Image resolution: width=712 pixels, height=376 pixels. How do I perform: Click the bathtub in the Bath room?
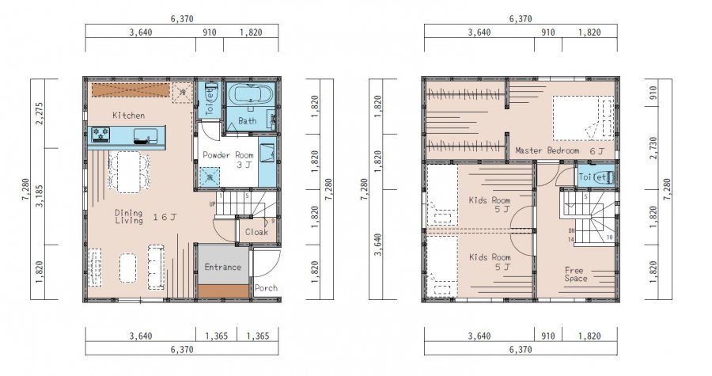249,95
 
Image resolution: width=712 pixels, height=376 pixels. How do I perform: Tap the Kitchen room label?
128,116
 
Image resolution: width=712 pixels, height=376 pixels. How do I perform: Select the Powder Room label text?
228,155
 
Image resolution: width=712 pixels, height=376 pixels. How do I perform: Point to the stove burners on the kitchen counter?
100,135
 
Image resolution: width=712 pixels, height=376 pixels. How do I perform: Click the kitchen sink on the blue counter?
146,135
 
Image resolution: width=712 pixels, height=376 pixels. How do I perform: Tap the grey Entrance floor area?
223,265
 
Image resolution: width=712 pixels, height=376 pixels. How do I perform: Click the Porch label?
266,288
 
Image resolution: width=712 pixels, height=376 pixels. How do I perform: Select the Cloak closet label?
256,232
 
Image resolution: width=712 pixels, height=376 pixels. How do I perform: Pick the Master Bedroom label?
547,150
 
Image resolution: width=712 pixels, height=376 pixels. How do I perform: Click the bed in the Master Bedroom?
583,118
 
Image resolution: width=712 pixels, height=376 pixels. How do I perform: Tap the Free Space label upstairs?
575,274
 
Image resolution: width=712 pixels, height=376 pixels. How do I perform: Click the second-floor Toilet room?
596,177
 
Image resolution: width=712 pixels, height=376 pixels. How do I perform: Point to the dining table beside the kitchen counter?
129,172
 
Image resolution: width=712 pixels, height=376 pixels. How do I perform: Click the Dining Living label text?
129,217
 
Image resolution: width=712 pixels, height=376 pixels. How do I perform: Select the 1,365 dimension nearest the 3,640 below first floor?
216,336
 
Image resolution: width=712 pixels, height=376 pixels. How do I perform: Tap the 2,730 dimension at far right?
653,148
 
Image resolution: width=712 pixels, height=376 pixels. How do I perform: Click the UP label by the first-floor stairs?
212,204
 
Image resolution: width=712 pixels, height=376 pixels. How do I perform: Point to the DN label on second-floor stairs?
571,231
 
